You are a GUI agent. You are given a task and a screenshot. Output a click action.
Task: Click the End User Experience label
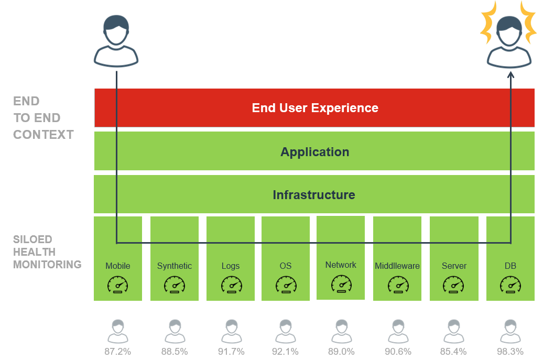tap(315, 108)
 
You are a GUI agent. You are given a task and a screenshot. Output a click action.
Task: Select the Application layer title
tap(314, 152)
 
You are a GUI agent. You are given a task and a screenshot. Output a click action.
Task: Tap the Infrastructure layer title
tap(313, 195)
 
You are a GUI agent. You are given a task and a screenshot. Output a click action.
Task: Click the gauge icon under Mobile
tap(118, 285)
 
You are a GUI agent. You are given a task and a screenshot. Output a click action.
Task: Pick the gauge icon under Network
tap(341, 284)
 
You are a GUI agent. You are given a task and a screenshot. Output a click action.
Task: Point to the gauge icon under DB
tap(510, 285)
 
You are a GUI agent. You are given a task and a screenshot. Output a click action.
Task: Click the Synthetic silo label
tap(175, 266)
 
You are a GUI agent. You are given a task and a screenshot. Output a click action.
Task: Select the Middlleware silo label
tap(397, 266)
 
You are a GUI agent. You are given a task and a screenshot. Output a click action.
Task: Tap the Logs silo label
tap(231, 266)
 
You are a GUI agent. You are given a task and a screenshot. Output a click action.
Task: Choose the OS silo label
tap(286, 266)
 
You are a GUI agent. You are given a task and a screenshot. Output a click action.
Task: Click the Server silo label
tap(454, 266)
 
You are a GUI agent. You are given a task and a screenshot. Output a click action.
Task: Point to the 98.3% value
tap(510, 352)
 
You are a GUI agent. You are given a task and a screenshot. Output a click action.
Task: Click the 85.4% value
tap(453, 352)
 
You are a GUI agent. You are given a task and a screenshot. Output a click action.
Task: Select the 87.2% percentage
tap(117, 352)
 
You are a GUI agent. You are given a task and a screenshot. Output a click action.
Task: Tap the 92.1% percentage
tap(285, 352)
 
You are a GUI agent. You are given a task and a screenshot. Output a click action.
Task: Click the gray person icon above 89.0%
tap(341, 331)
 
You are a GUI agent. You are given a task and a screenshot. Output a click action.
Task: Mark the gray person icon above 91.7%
tap(231, 331)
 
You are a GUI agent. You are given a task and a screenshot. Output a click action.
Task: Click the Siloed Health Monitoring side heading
tap(47, 252)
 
